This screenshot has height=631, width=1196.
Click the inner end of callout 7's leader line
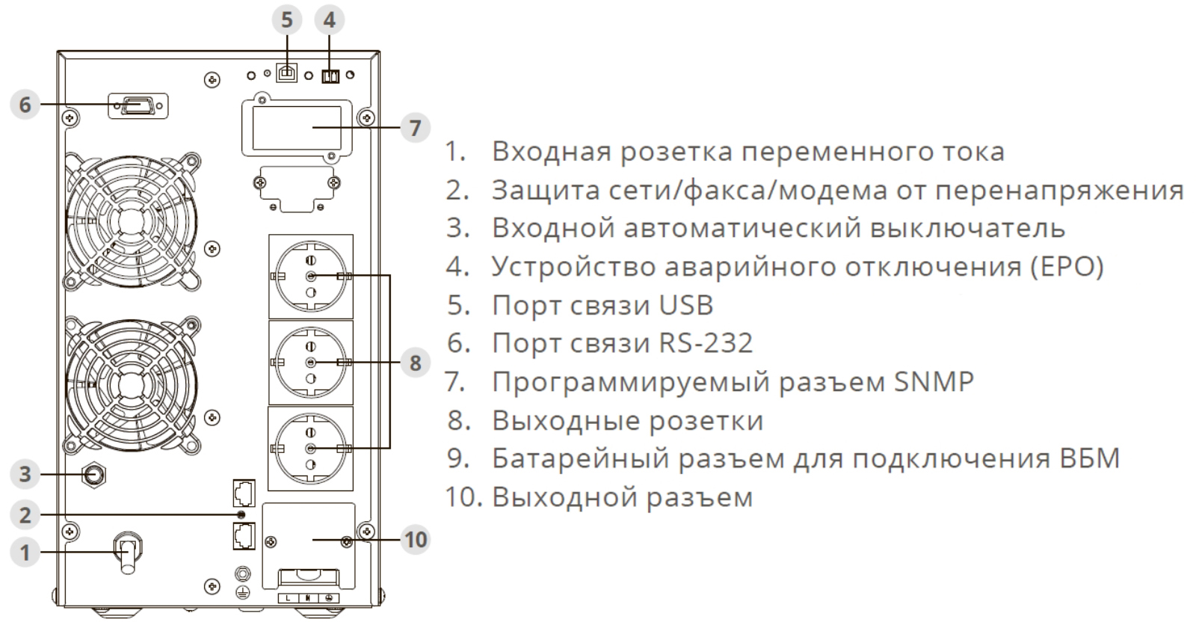313,128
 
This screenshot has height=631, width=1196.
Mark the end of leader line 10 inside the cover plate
313,540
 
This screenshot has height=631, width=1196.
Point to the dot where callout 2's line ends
241,514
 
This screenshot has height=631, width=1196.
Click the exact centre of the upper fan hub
130,222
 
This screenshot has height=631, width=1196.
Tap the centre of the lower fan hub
130,386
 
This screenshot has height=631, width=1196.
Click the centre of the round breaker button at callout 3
94,475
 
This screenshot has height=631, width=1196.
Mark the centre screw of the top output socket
311,276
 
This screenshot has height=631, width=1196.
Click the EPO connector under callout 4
330,76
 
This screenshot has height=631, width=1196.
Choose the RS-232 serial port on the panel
138,105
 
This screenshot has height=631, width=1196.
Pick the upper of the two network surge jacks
244,493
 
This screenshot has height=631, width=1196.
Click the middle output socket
311,363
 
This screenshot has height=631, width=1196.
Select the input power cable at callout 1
128,553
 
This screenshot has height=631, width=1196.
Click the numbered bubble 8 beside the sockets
416,363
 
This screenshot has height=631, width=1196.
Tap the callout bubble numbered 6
25,105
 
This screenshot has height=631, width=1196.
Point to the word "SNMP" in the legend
934,382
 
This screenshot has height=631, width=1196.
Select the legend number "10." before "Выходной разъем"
463,497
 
